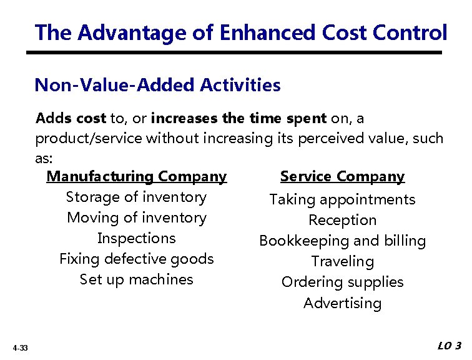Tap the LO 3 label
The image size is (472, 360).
point(449,346)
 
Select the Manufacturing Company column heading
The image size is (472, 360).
point(136,177)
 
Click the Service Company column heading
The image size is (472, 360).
point(342,177)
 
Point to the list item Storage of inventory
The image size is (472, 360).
point(136,197)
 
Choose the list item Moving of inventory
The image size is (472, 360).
point(136,218)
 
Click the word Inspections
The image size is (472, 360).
point(136,239)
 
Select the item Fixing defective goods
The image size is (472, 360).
point(136,259)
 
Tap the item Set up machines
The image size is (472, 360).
point(136,280)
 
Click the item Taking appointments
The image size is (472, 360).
point(342,200)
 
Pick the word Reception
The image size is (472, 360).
point(342,221)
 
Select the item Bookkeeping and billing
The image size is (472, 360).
point(342,241)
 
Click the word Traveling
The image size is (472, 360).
point(342,262)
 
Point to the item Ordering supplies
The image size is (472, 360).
point(342,282)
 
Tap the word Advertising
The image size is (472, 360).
point(342,304)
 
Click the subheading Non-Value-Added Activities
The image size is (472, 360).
point(157,85)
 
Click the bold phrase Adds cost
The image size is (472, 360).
point(71,118)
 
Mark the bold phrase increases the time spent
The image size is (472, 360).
point(238,118)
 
